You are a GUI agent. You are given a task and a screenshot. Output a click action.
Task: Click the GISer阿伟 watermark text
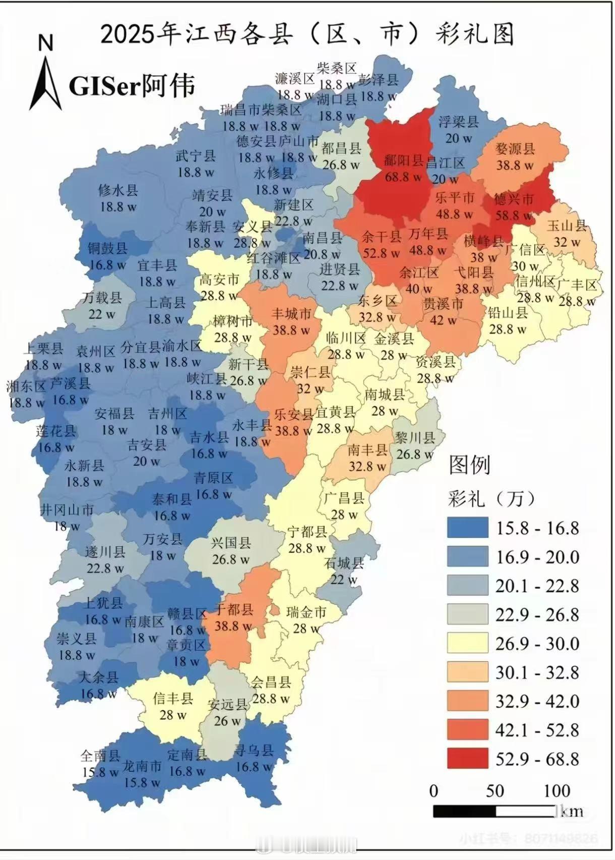coord(132,86)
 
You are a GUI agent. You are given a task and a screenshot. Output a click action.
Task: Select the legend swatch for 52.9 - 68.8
coord(467,758)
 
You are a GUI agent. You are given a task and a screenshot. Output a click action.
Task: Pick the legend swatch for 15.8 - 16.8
coord(467,527)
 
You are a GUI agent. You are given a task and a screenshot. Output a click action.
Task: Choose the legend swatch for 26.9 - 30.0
coord(467,643)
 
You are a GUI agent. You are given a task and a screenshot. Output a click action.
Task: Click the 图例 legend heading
coord(469,464)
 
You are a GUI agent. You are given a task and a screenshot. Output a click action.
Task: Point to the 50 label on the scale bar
coord(495,790)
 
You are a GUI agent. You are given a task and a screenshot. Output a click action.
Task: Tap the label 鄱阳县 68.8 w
coord(404,168)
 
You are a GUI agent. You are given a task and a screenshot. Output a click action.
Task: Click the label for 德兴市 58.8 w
coord(514,207)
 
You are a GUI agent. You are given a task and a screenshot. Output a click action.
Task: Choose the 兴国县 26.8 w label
coord(231,550)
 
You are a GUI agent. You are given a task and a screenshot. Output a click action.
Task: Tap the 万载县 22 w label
coord(102,305)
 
